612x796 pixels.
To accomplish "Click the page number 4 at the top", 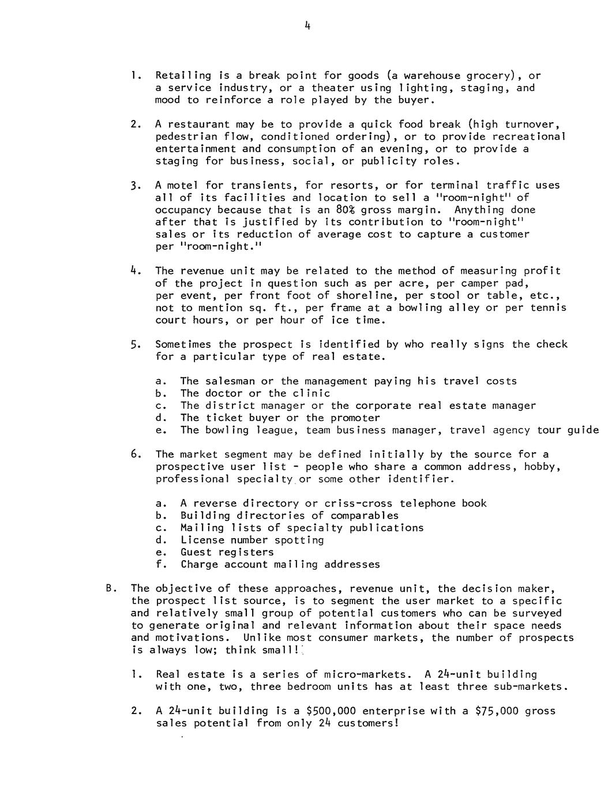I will (x=308, y=25).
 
